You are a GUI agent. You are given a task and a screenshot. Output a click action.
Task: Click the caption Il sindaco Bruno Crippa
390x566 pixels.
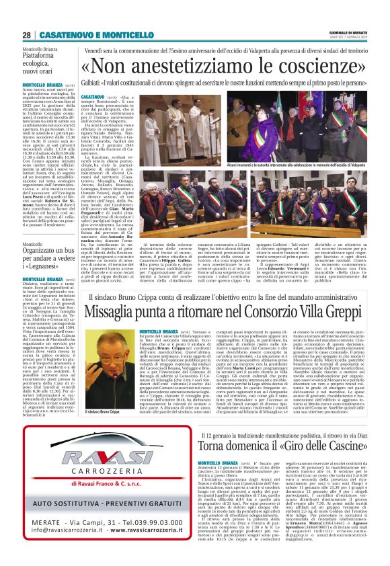[x=100, y=393]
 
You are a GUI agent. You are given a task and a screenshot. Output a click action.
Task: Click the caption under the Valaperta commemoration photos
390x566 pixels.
[x=307, y=163]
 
